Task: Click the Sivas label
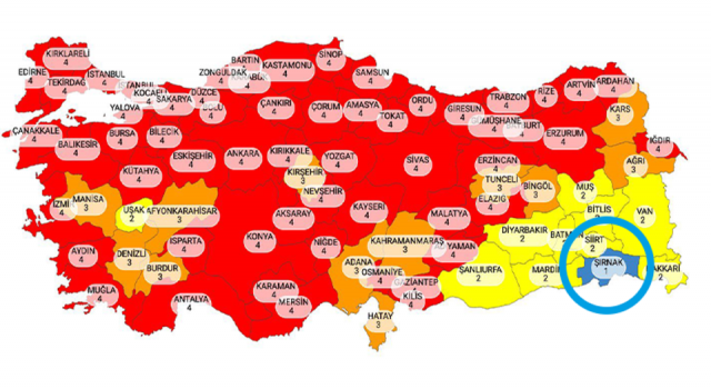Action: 418,163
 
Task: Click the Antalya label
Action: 191,303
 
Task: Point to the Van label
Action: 643,215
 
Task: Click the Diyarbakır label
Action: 522,234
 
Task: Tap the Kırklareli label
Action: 66,58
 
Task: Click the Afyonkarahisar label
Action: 179,215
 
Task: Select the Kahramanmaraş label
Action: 405,245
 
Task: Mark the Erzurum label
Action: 564,137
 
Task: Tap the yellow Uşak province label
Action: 132,213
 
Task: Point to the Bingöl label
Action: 537,190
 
